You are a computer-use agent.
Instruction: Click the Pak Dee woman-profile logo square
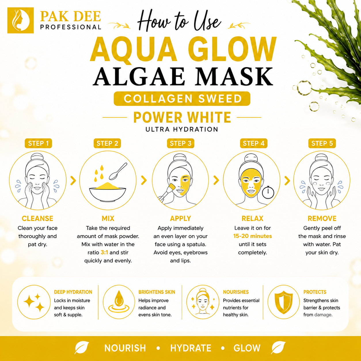pos(20,20)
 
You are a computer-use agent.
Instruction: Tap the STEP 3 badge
pos(180,143)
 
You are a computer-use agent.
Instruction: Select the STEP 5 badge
pos(322,143)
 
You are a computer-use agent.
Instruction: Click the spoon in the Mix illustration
pos(118,171)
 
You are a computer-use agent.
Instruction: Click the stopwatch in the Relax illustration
pos(268,192)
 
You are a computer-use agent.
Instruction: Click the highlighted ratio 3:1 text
pos(104,252)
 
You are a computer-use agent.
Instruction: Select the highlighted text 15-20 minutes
pos(252,236)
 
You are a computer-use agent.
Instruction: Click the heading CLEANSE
pos(37,219)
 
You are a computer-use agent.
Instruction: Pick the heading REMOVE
pos(322,219)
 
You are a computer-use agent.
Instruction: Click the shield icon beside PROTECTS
pos(284,302)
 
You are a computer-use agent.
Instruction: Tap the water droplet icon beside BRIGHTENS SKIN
pos(119,302)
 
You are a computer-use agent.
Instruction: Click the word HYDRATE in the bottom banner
pos(191,348)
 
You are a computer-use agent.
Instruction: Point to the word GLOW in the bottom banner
pos(247,348)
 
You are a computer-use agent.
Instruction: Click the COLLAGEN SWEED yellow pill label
pos(182,98)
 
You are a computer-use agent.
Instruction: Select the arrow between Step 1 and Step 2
pos(73,180)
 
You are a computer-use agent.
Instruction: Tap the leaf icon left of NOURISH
pos(82,347)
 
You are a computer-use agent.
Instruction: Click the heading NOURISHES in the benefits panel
pos(236,292)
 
